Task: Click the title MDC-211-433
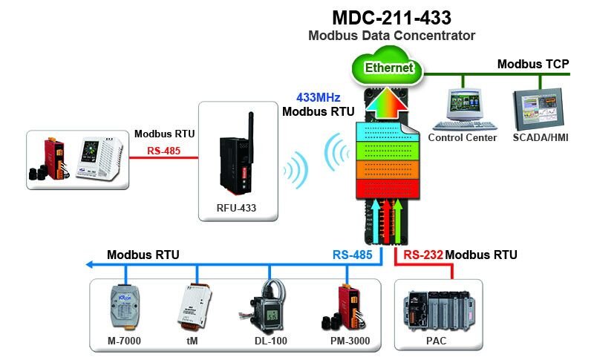tap(392, 18)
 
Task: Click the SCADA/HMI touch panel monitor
tap(539, 108)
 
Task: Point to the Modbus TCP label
tap(532, 64)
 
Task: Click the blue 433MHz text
tap(318, 97)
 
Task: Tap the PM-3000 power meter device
tap(344, 310)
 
